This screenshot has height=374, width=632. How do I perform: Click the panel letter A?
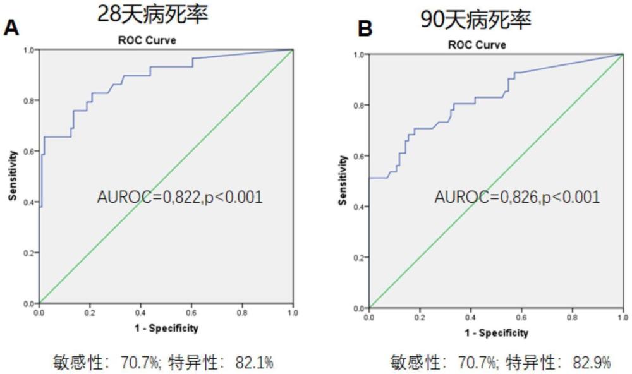[11, 28]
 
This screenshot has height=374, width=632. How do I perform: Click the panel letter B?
[365, 29]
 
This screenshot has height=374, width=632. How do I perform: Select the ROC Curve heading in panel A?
[147, 40]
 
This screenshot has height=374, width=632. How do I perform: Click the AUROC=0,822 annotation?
[179, 197]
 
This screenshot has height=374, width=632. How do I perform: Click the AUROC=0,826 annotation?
[517, 197]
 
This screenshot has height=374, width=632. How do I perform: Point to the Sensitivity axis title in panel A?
[13, 176]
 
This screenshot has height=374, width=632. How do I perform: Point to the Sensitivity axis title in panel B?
[343, 180]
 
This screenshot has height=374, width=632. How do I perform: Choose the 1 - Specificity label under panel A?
[166, 328]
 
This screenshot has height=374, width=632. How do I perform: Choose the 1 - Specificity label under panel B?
[496, 333]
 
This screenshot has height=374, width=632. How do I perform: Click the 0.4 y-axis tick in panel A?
[29, 202]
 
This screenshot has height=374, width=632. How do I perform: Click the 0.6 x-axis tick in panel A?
[191, 313]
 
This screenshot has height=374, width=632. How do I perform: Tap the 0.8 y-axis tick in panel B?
[359, 105]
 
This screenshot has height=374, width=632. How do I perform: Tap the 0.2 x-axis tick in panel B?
[420, 317]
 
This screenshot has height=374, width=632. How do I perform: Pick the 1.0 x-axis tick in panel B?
[623, 317]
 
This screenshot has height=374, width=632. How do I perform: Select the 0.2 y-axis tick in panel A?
[29, 253]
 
